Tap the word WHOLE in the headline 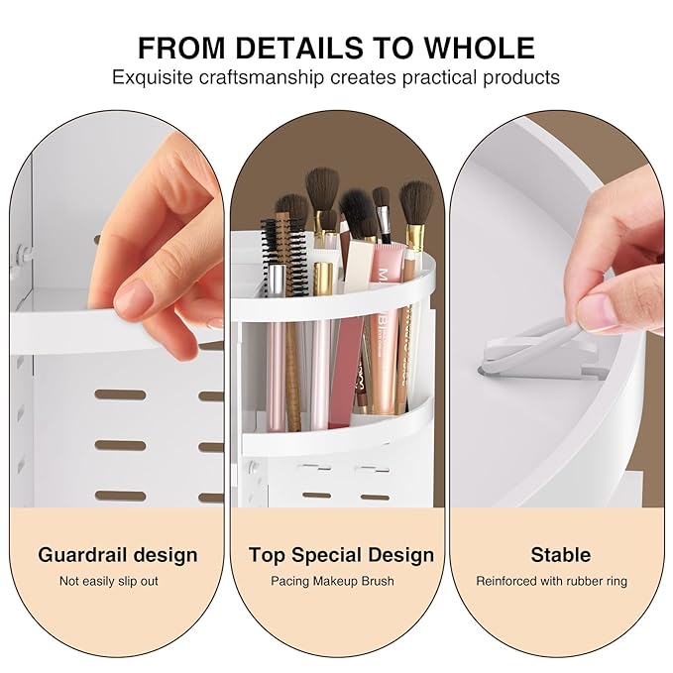click(480, 48)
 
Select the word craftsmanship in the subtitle click(261, 78)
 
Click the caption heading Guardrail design click(118, 555)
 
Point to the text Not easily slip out click(109, 581)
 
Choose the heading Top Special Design click(341, 555)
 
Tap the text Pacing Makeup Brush click(332, 581)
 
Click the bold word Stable click(561, 555)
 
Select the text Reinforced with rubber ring click(551, 581)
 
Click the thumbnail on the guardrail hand click(134, 295)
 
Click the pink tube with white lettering click(388, 326)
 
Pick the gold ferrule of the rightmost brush click(416, 237)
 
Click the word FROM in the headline click(181, 48)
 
